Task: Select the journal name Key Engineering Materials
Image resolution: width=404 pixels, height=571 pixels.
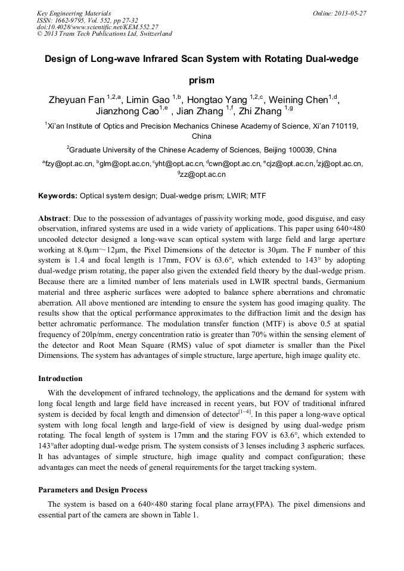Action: pyautogui.click(x=74, y=13)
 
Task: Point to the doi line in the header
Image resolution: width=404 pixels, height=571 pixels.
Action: pyautogui.click(x=97, y=27)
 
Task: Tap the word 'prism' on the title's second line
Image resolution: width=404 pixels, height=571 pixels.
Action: pyautogui.click(x=201, y=79)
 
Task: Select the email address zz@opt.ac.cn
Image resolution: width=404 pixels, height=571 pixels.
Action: pyautogui.click(x=203, y=174)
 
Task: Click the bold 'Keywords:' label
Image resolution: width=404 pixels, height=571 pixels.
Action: pyautogui.click(x=58, y=195)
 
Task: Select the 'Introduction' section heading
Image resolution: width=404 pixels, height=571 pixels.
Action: pyautogui.click(x=60, y=378)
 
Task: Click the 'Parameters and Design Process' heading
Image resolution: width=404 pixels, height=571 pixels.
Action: pyautogui.click(x=92, y=490)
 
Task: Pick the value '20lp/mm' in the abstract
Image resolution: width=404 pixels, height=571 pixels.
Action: pyautogui.click(x=76, y=335)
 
